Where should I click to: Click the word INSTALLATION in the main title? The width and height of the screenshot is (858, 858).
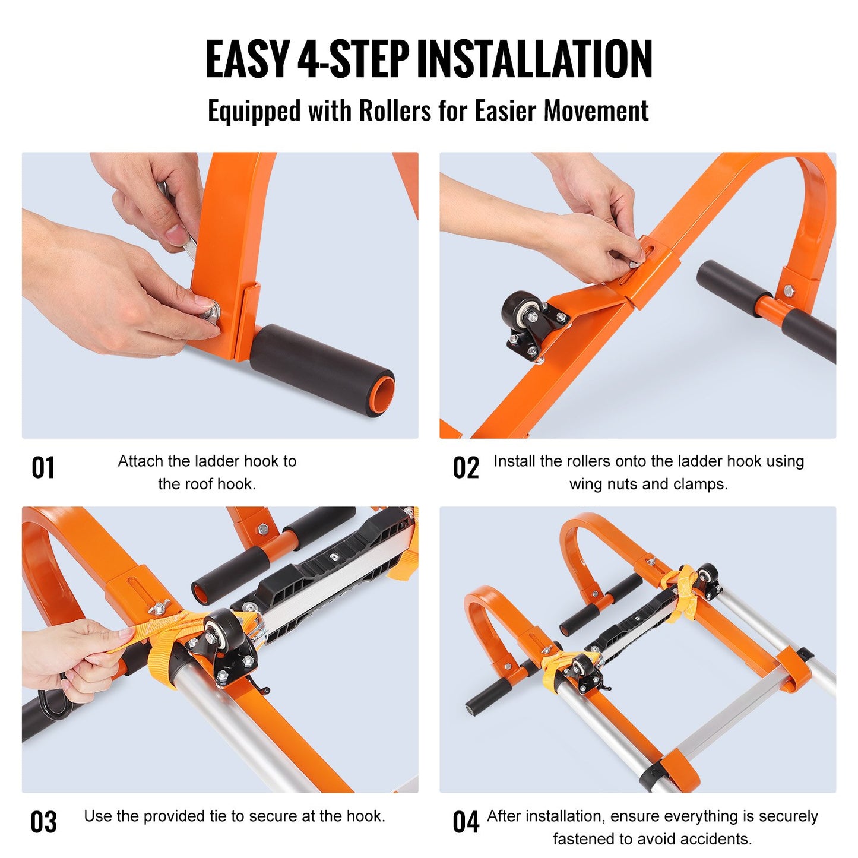(x=534, y=59)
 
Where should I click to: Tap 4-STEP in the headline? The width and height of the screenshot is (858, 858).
(x=353, y=59)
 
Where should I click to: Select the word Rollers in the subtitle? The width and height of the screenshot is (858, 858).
(x=395, y=111)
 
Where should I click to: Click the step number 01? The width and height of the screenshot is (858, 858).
(x=43, y=468)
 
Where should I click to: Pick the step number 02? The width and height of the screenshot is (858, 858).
(x=466, y=468)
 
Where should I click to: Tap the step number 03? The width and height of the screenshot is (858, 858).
(x=43, y=822)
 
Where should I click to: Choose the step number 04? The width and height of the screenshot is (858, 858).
(x=466, y=822)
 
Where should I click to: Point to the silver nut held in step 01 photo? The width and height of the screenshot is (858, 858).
(x=211, y=312)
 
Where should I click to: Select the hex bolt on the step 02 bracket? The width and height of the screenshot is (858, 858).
(x=789, y=291)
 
